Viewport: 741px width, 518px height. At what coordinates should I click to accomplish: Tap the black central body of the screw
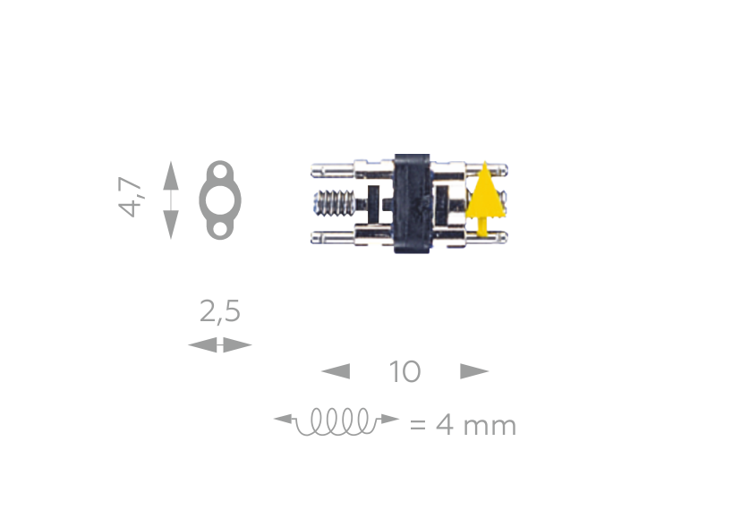point(412,203)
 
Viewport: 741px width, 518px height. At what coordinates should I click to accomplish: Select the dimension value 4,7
point(132,197)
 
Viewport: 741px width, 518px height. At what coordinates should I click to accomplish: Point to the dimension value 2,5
point(219,311)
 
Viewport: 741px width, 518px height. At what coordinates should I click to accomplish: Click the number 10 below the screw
point(405,371)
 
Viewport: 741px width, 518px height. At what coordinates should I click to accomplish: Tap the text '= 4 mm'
point(463,424)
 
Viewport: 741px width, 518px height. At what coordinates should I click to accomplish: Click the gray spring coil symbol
point(336,421)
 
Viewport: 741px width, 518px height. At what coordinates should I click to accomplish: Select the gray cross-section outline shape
point(219,200)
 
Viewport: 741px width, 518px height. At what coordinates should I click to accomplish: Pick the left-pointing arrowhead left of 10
point(336,371)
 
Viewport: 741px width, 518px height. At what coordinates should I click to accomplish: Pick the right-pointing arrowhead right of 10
point(474,371)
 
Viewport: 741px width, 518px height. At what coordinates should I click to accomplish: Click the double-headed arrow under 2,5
point(219,344)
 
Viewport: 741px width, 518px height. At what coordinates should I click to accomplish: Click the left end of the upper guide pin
point(315,168)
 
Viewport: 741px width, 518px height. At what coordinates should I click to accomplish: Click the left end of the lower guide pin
point(315,237)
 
